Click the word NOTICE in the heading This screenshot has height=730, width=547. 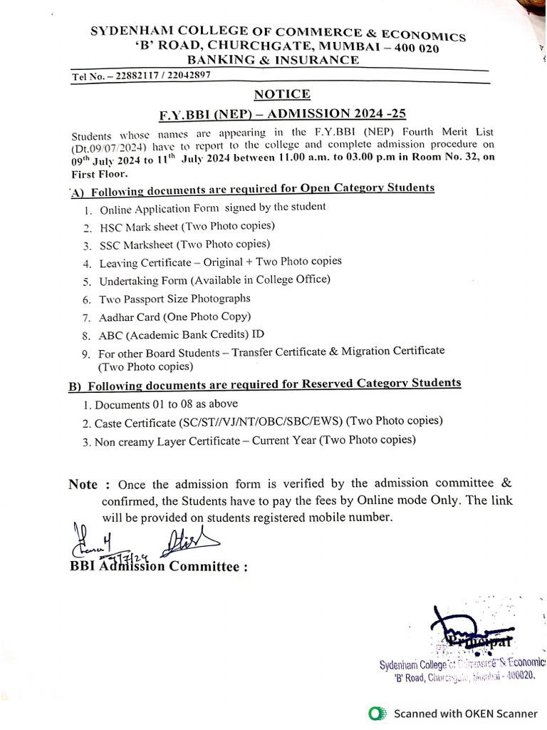pyautogui.click(x=282, y=94)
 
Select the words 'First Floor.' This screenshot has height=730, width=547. pyautogui.click(x=98, y=173)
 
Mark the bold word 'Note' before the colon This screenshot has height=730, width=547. pyautogui.click(x=83, y=485)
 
